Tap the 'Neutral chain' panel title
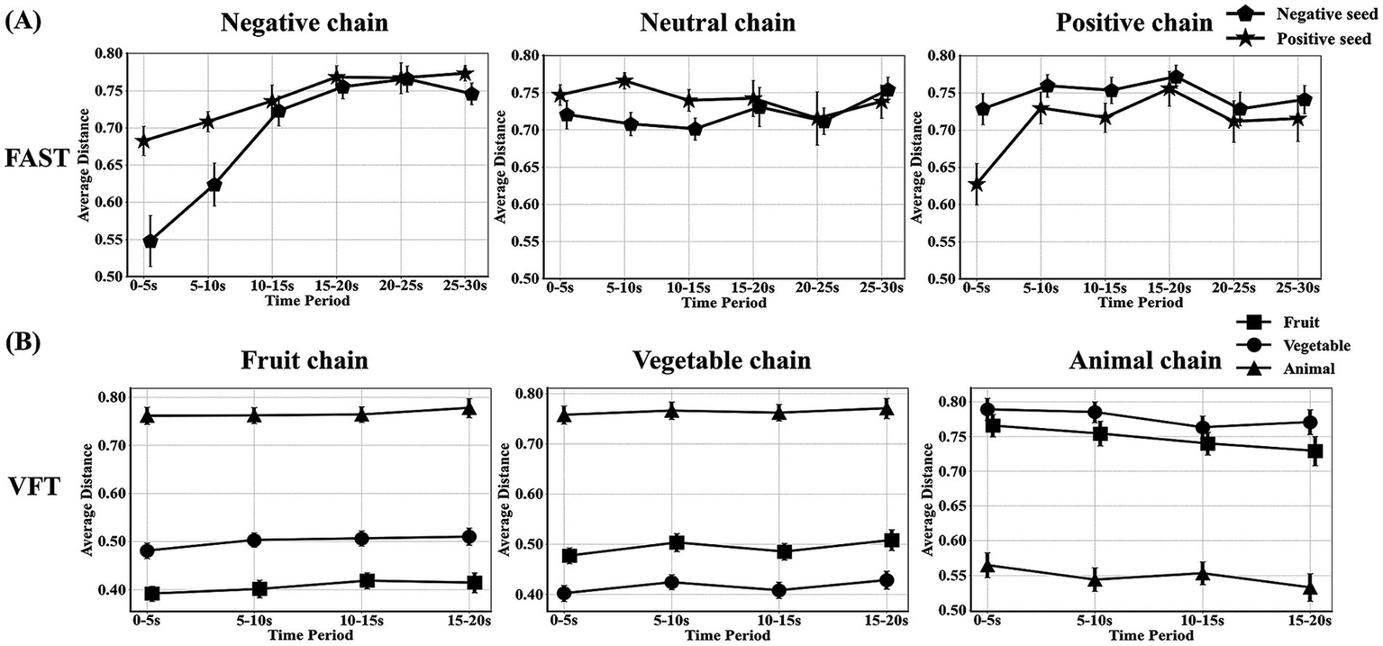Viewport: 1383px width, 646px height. click(x=717, y=23)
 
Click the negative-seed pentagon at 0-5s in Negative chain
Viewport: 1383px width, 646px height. click(x=150, y=241)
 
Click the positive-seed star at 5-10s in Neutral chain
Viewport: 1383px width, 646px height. click(x=623, y=81)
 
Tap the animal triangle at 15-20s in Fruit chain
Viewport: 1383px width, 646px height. click(x=469, y=408)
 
